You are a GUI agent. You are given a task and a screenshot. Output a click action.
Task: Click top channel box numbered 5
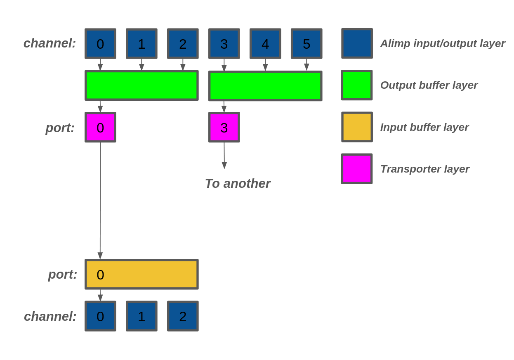click(x=307, y=44)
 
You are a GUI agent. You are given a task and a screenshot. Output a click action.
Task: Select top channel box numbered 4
click(x=265, y=44)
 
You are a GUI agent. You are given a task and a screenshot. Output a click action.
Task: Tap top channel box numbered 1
click(x=141, y=44)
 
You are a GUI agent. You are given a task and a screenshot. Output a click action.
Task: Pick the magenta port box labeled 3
click(x=224, y=127)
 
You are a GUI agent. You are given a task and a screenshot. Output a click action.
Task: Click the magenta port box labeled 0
click(x=100, y=127)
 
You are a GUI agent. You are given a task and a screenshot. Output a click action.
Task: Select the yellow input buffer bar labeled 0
click(x=141, y=274)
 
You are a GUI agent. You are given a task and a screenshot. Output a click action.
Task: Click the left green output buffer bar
click(x=141, y=85)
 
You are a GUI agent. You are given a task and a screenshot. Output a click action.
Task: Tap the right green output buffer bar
click(x=265, y=86)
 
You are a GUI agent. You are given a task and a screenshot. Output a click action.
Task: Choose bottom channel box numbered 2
click(x=183, y=316)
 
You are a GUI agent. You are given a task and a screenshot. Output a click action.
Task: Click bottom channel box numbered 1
click(x=141, y=316)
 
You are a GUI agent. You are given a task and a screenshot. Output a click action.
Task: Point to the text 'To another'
click(x=238, y=184)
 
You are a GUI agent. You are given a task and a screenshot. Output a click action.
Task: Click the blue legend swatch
click(x=357, y=43)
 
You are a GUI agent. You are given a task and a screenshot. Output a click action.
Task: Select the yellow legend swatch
click(x=357, y=127)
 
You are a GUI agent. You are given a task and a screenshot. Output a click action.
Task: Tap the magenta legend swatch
click(x=357, y=168)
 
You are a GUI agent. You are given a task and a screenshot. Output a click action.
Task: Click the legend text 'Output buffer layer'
click(x=429, y=85)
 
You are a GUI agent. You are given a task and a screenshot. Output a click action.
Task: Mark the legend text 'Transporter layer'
click(x=424, y=169)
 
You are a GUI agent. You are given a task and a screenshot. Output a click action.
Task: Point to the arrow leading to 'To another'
click(x=224, y=155)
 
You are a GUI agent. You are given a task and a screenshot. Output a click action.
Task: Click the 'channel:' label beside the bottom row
click(x=50, y=317)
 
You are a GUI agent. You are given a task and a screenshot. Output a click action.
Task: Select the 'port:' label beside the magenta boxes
click(x=60, y=128)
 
